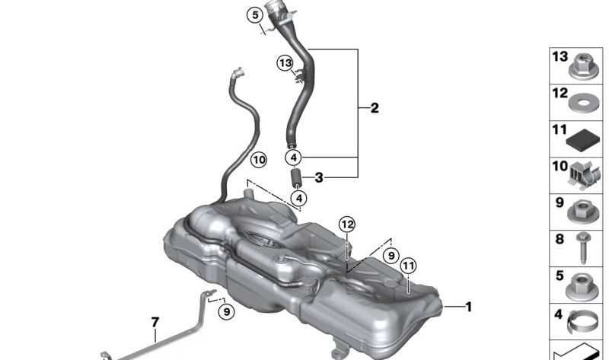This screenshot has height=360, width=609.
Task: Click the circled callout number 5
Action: (x=255, y=15)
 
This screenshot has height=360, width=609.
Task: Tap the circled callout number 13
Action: (x=285, y=63)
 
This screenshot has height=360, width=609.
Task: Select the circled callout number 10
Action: (x=259, y=160)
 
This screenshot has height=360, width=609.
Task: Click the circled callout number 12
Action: (x=347, y=224)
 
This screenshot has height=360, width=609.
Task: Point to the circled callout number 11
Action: (x=408, y=266)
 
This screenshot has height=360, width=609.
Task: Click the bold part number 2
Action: (x=375, y=108)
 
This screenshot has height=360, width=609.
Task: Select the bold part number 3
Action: (x=319, y=178)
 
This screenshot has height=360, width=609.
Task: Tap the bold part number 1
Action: (x=469, y=307)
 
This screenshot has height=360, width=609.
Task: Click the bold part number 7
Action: (x=155, y=322)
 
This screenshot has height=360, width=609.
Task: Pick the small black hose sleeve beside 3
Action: (x=296, y=177)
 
